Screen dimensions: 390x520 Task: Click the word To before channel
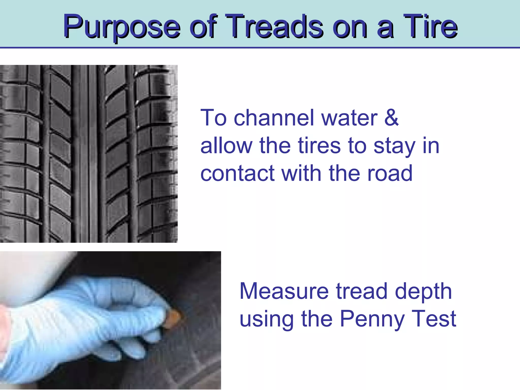(213, 118)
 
